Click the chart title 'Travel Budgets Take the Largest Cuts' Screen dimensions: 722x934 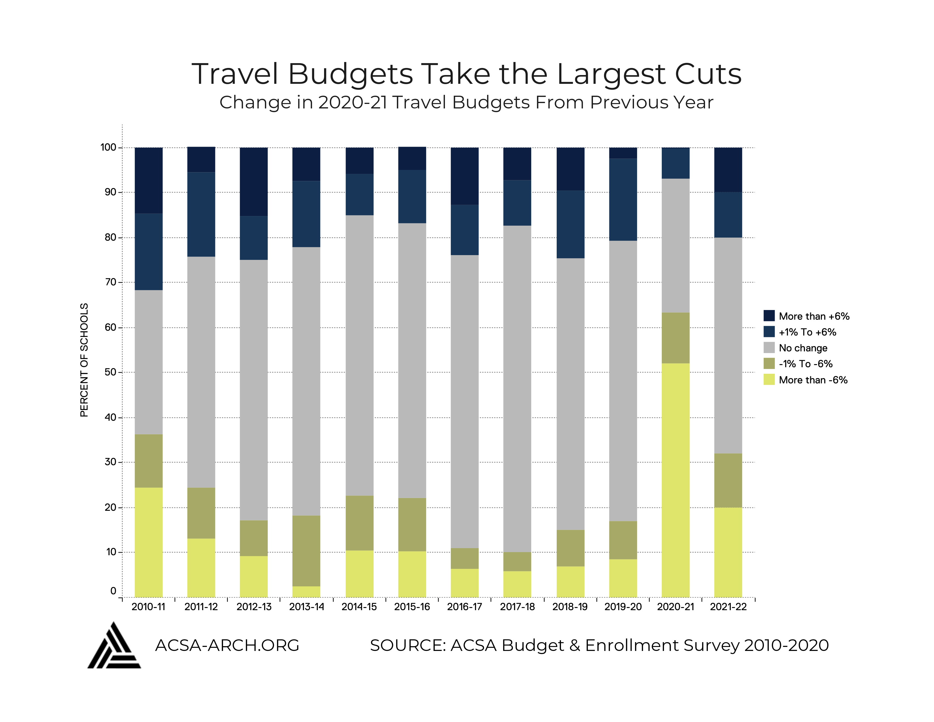click(466, 74)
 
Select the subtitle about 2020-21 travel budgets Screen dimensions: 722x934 click(466, 103)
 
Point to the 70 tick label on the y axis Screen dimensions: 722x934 click(110, 282)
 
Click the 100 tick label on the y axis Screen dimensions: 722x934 click(108, 147)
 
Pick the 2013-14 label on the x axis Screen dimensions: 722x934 click(306, 606)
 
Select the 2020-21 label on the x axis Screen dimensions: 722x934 click(675, 606)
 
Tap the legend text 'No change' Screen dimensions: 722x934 click(803, 348)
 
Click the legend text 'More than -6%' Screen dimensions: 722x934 click(813, 380)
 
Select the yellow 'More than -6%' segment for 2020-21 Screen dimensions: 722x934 click(675, 480)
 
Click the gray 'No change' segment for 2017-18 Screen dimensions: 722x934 click(517, 388)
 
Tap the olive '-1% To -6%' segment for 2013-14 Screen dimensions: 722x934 click(306, 550)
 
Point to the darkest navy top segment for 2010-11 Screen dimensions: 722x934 click(148, 180)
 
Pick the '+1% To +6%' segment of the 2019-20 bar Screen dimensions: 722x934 click(623, 199)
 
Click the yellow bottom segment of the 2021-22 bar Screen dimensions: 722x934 click(728, 552)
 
